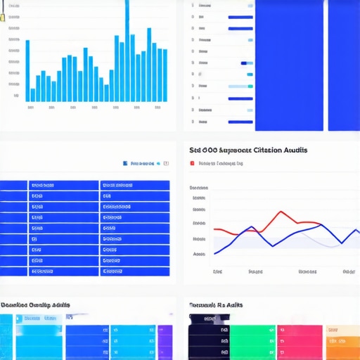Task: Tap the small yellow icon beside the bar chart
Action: pos(2,17)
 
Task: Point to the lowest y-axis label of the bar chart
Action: pos(15,95)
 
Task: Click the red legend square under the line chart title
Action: pos(192,163)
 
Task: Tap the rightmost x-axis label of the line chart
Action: pos(348,271)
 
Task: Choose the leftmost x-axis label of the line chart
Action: pos(217,271)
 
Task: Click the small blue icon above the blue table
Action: pos(125,163)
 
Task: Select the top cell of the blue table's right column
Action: pos(135,186)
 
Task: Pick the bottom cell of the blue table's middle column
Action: pos(63,271)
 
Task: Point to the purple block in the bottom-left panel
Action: pos(165,342)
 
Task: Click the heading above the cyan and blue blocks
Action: pos(34,306)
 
